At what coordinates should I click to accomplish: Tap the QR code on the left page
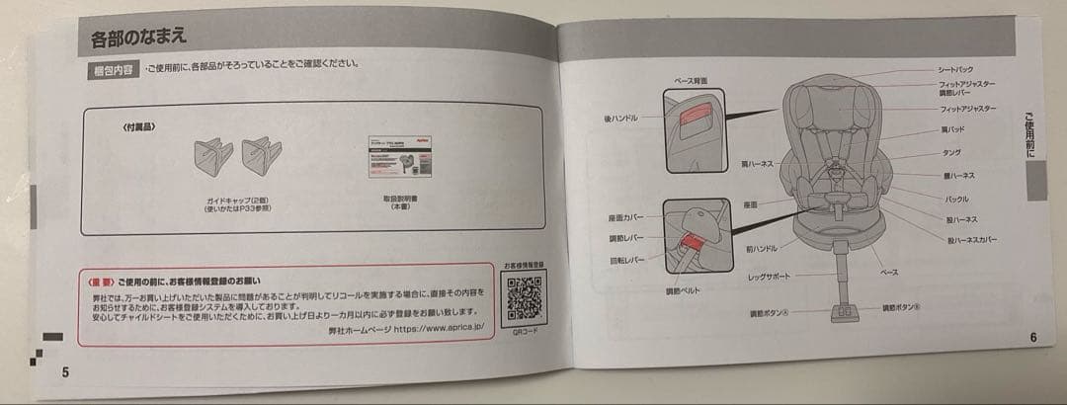(523, 295)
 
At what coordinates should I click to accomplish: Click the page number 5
(65, 372)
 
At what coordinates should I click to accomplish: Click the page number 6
(1031, 337)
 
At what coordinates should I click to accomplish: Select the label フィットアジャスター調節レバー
(967, 89)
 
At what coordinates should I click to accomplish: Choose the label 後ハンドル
(621, 118)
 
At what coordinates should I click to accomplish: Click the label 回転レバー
(626, 261)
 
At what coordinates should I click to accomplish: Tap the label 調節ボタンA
(769, 314)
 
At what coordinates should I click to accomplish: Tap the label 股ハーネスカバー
(972, 240)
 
